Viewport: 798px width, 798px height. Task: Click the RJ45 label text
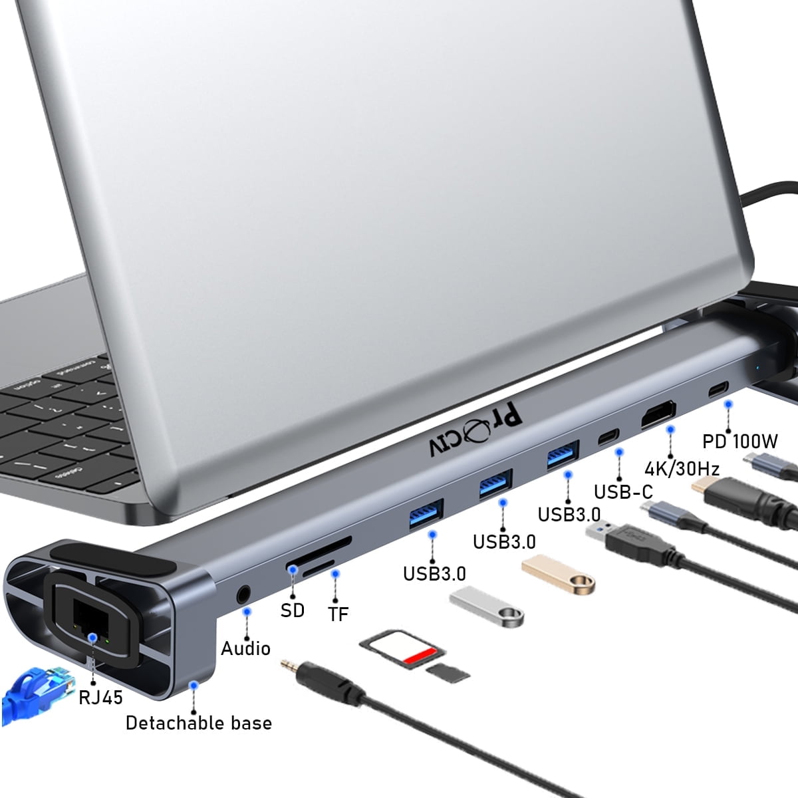[101, 697]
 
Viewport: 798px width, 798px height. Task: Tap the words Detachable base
[199, 723]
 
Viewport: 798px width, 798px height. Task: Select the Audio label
[245, 648]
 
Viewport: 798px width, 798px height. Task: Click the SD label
[292, 610]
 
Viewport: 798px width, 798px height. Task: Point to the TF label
[338, 613]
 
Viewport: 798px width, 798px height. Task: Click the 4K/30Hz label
[682, 468]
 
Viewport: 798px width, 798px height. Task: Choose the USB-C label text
[623, 492]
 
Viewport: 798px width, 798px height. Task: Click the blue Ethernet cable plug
[37, 688]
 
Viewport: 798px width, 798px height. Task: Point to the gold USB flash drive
[558, 574]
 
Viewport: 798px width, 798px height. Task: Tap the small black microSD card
[447, 672]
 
